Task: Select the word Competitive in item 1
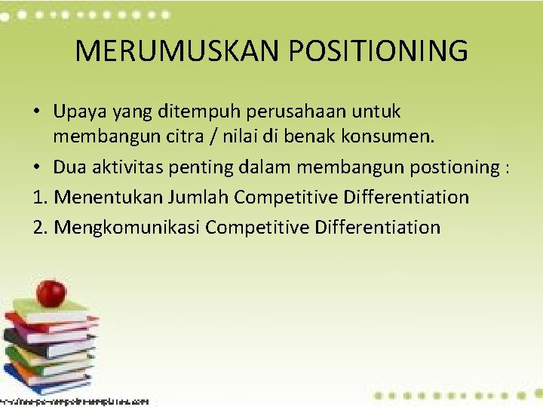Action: pos(286,197)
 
